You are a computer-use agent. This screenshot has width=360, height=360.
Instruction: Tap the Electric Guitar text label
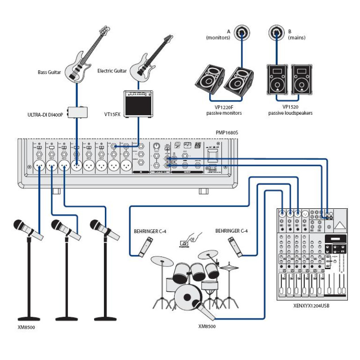pyautogui.click(x=112, y=71)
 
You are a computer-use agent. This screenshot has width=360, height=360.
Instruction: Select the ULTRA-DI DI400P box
pyautogui.click(x=77, y=112)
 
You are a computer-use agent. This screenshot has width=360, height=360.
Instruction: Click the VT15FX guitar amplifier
pyautogui.click(x=138, y=103)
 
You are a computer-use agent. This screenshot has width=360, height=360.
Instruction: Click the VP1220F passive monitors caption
pyautogui.click(x=224, y=110)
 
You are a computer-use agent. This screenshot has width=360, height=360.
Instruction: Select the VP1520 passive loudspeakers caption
pyautogui.click(x=290, y=110)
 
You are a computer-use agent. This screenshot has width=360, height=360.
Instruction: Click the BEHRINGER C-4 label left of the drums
pyautogui.click(x=150, y=231)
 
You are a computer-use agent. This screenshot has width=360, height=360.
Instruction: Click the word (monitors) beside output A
pyautogui.click(x=218, y=38)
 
